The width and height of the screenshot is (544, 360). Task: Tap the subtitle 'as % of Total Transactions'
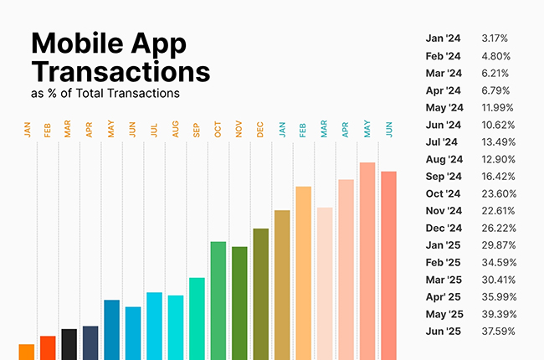pyautogui.click(x=105, y=93)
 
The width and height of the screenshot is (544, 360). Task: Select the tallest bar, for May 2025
pyautogui.click(x=367, y=260)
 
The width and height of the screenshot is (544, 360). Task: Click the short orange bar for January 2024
pyautogui.click(x=26, y=352)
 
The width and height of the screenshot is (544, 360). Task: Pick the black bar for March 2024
pyautogui.click(x=69, y=344)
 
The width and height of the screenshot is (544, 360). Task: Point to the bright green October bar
pyautogui.click(x=218, y=300)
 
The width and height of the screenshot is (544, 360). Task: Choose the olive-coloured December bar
pyautogui.click(x=261, y=294)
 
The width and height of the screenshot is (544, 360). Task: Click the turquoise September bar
pyautogui.click(x=197, y=318)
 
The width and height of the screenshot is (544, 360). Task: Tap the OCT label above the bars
pyautogui.click(x=218, y=130)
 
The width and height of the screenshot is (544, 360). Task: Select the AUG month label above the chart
pyautogui.click(x=176, y=130)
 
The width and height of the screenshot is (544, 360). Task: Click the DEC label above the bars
pyautogui.click(x=261, y=130)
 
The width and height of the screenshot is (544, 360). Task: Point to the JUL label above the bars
pyautogui.click(x=155, y=130)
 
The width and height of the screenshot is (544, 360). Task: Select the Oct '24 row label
pyautogui.click(x=444, y=193)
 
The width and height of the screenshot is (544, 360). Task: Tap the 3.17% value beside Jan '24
pyautogui.click(x=495, y=39)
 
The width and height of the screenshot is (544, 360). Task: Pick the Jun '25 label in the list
pyautogui.click(x=444, y=332)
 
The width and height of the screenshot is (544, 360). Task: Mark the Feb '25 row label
pyautogui.click(x=444, y=262)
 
